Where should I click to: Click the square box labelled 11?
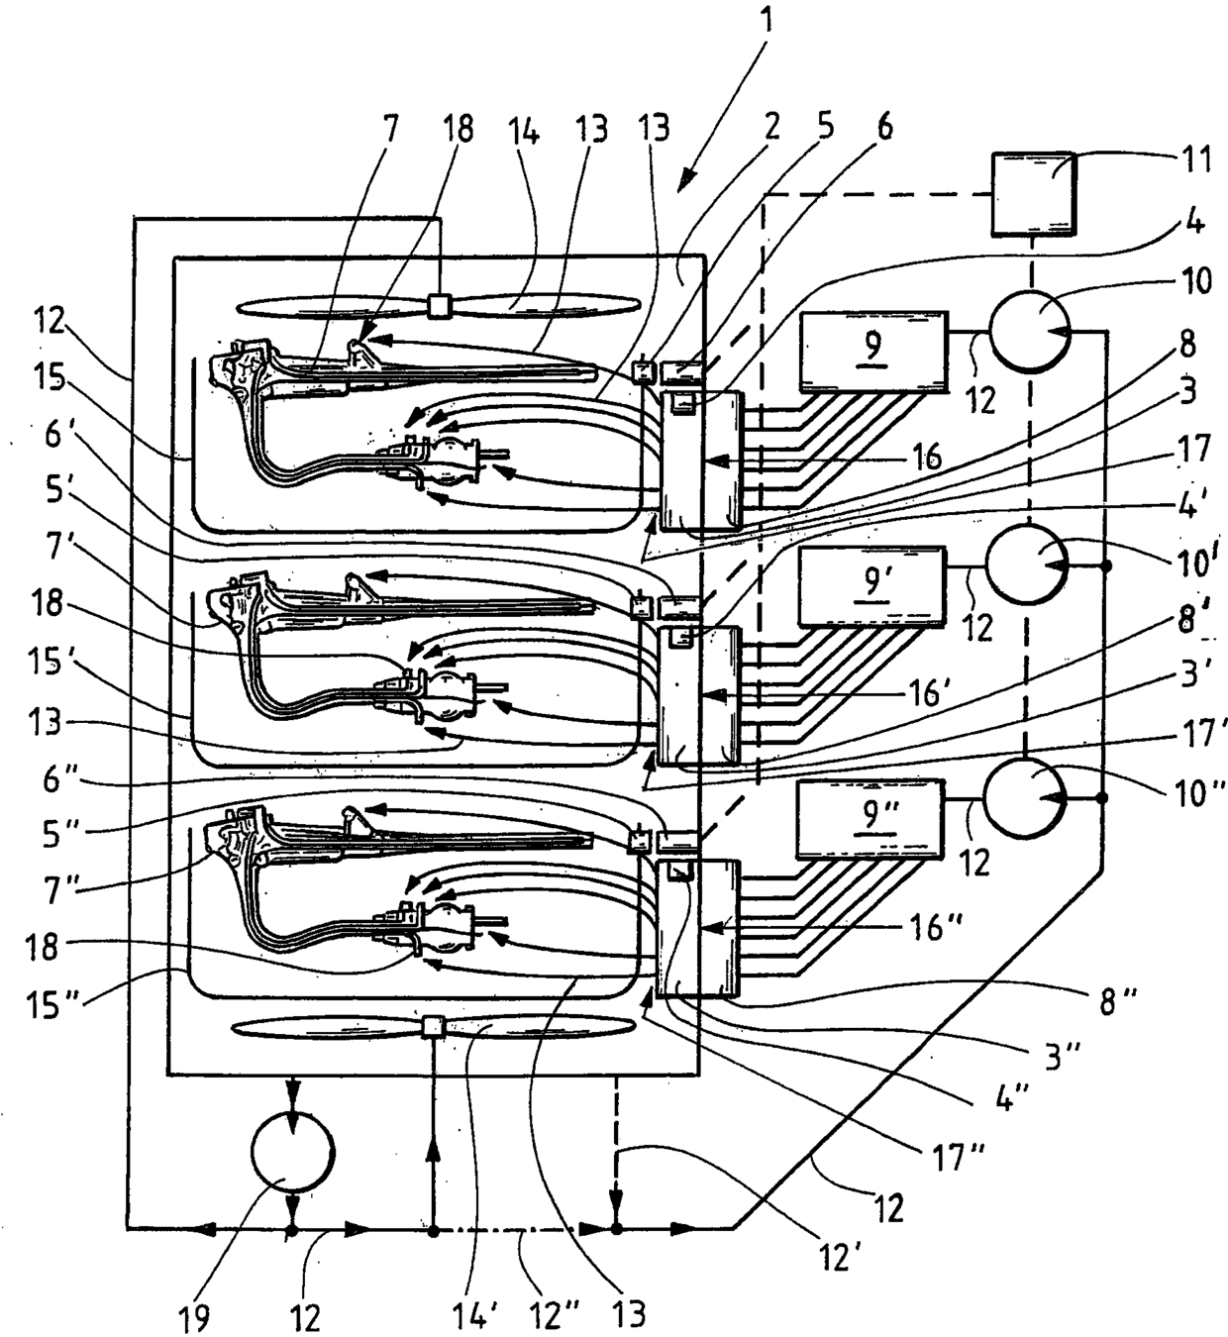1033,193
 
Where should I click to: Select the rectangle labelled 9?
873,351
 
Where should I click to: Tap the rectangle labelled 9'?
872,586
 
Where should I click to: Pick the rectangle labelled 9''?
870,819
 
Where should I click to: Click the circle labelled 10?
1029,331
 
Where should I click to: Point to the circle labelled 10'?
1027,565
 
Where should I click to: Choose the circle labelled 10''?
1025,797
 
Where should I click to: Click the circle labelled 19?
293,1153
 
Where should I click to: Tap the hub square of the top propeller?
440,307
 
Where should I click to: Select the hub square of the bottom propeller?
435,1027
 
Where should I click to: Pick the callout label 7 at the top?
389,129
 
